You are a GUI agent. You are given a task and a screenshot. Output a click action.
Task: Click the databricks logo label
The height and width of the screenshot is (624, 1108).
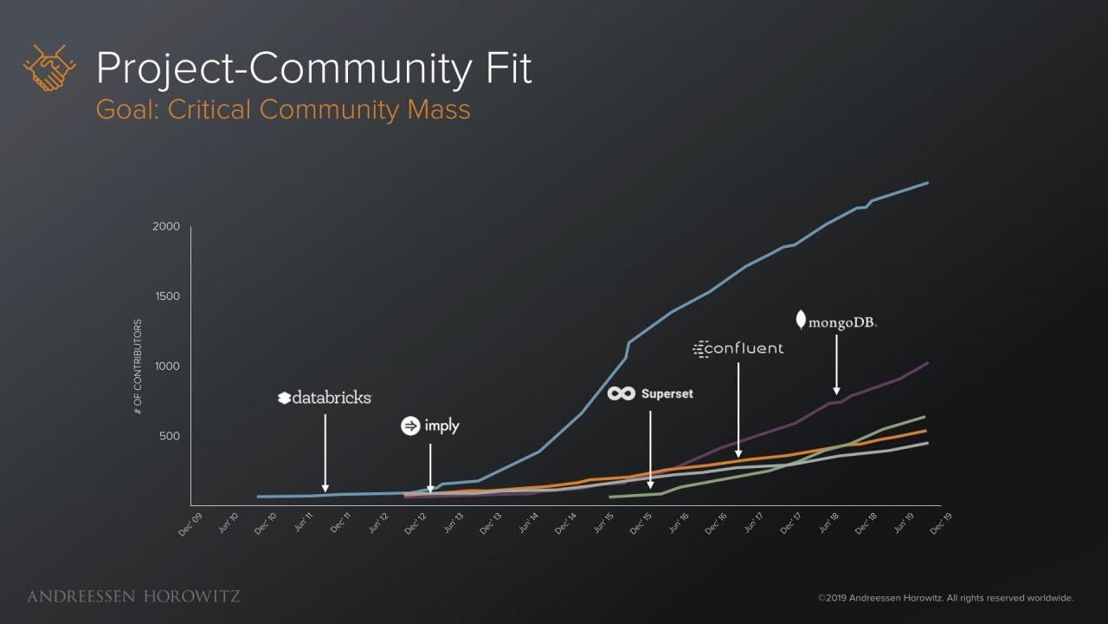pos(325,398)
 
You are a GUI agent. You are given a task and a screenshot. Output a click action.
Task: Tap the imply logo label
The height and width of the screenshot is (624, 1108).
pos(430,426)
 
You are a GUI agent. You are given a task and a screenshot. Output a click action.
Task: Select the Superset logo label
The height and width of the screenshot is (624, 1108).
pos(650,393)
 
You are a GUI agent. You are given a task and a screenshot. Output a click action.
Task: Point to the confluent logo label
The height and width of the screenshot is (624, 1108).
pos(738,348)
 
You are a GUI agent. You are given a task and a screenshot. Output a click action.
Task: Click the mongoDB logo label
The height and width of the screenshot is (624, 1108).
pos(836,322)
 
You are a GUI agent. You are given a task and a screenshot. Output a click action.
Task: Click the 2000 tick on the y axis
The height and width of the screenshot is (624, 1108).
pos(167,227)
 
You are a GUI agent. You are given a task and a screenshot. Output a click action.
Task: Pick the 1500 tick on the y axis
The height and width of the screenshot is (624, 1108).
pos(167,296)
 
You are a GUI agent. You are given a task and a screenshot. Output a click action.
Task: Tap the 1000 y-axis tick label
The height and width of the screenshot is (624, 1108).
pos(167,367)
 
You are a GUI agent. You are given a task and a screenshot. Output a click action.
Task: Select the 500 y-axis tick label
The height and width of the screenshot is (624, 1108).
pos(169,436)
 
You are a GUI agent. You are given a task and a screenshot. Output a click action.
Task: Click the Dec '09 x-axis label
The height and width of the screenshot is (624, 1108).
pos(190,525)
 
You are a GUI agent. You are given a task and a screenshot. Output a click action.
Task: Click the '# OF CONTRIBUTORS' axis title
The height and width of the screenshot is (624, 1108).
pos(138,366)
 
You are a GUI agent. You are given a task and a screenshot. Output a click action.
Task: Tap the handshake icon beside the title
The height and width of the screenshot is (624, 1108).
pos(49,68)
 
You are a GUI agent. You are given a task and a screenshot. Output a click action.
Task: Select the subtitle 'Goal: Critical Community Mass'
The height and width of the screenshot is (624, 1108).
pos(283,110)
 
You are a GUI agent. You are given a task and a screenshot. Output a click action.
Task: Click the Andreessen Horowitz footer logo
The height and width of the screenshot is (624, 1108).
pos(133,596)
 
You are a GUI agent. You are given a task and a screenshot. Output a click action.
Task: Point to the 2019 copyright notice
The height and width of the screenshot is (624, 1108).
pos(945,598)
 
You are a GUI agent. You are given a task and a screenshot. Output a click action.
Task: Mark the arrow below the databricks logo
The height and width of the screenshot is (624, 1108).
pos(325,452)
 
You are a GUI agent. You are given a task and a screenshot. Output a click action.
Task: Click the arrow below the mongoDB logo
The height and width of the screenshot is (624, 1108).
pos(836,365)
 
